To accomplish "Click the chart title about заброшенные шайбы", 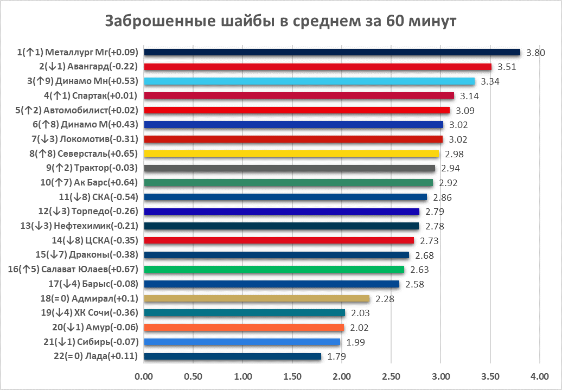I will click(x=280, y=21).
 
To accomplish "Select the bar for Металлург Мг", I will click(x=331, y=52).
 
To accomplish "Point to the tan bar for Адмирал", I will click(x=257, y=298).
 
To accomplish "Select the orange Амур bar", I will click(x=244, y=328).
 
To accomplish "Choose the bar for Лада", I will click(x=232, y=356).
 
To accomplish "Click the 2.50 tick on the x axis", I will click(x=391, y=376).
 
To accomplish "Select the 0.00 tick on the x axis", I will click(x=144, y=376).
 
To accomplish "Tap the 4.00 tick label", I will click(x=539, y=376).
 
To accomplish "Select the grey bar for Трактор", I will click(x=289, y=168).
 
